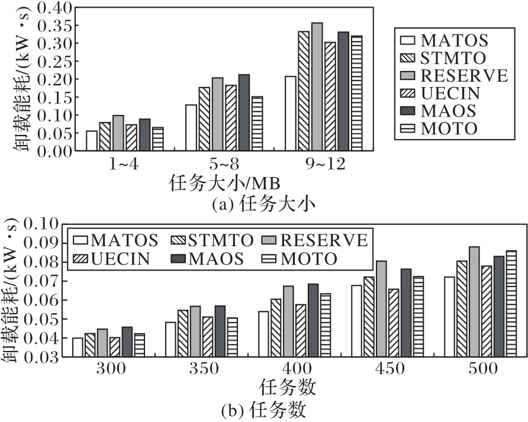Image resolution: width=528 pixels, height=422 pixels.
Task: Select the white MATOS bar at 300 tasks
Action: pyautogui.click(x=78, y=347)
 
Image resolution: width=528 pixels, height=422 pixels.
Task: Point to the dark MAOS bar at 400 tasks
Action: pyautogui.click(x=313, y=320)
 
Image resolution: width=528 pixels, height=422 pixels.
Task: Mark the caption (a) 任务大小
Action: pyautogui.click(x=263, y=205)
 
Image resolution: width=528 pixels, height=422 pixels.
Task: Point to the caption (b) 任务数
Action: pyautogui.click(x=263, y=410)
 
